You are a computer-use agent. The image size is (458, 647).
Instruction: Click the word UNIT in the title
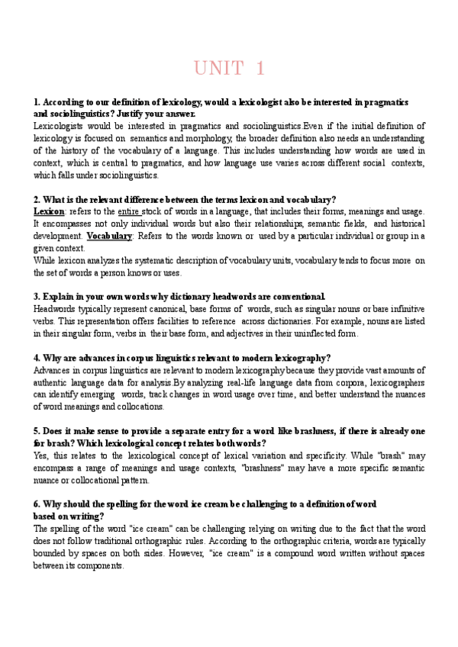tap(217, 69)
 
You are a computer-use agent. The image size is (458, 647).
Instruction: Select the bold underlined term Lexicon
tap(50, 211)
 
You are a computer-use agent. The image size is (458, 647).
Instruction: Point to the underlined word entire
tap(131, 211)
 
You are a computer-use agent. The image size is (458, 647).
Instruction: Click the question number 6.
tap(37, 504)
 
